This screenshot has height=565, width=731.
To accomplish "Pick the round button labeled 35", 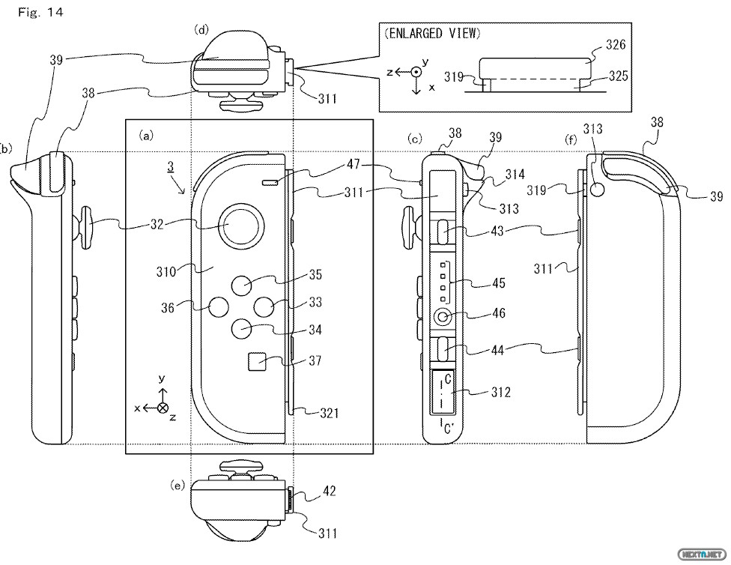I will [242, 285].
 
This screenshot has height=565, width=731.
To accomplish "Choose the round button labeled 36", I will [219, 306].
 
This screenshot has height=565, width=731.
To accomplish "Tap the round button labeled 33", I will [264, 306].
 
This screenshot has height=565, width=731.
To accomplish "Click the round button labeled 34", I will [242, 327].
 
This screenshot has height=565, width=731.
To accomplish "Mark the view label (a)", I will [146, 136].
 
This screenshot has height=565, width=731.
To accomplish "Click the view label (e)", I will [178, 486].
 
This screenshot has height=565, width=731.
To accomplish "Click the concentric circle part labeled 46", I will [444, 317].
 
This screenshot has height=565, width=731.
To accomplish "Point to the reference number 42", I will [329, 492].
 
